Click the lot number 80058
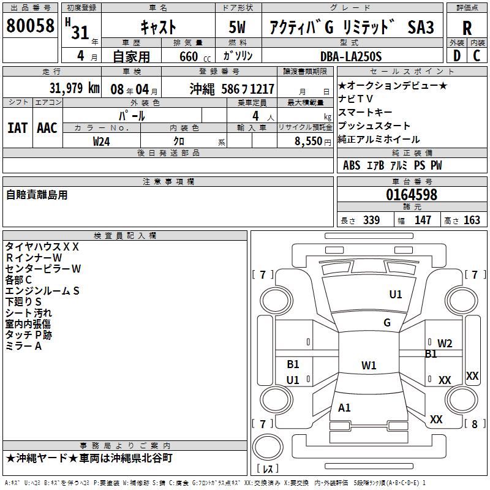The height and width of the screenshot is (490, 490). [x=30, y=26]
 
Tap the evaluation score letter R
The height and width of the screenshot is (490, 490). [x=467, y=28]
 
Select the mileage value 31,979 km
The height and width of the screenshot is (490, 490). [x=73, y=88]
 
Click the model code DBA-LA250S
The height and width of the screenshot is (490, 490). [x=351, y=56]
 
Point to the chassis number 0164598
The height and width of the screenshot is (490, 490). [x=412, y=195]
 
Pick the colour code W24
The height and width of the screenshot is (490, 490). [x=102, y=141]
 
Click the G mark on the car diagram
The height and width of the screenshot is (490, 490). [x=387, y=323]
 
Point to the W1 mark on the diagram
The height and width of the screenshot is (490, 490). [x=369, y=366]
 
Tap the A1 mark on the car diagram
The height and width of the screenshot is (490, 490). [x=344, y=408]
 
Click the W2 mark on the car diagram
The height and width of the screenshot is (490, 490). [x=445, y=343]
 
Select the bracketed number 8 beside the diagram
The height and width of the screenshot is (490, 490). [x=474, y=424]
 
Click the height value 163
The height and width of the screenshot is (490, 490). [x=472, y=221]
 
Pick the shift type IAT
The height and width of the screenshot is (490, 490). [x=17, y=127]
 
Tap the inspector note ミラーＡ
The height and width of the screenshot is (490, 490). [x=23, y=346]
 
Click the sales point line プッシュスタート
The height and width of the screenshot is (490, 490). [x=374, y=126]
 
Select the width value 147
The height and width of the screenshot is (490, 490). [x=423, y=221]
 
